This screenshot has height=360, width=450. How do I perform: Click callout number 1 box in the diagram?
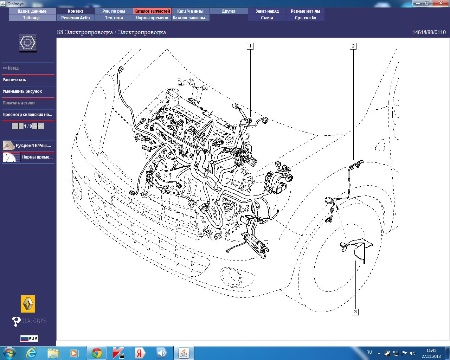[x=250, y=46]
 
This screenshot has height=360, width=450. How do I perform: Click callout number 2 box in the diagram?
[x=353, y=46]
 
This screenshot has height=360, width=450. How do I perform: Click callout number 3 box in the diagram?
[x=355, y=312]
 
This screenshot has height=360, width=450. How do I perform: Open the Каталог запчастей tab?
[x=152, y=11]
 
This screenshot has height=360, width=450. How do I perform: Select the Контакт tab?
[x=75, y=11]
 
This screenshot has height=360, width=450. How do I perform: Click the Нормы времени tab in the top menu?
[x=152, y=18]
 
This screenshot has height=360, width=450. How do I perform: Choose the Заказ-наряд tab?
[x=267, y=11]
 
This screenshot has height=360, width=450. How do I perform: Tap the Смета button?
[x=267, y=18]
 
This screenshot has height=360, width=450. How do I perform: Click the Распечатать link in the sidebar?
[x=14, y=80]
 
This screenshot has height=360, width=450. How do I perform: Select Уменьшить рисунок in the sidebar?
[x=22, y=91]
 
